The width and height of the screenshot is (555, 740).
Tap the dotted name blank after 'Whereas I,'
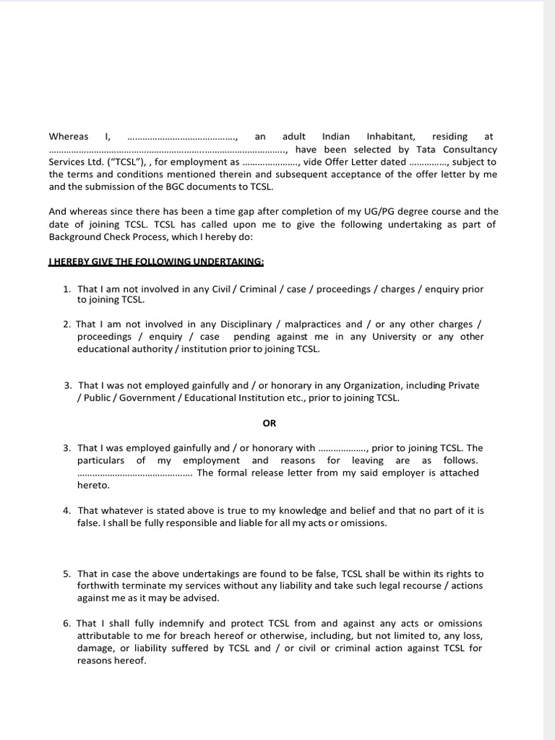[x=182, y=137]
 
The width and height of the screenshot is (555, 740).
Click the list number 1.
[x=66, y=289]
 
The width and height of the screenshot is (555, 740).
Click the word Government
[x=150, y=397]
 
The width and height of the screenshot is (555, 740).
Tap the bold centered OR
[x=269, y=423]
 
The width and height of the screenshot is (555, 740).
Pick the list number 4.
[x=66, y=510]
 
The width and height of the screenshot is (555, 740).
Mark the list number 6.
[x=66, y=623]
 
